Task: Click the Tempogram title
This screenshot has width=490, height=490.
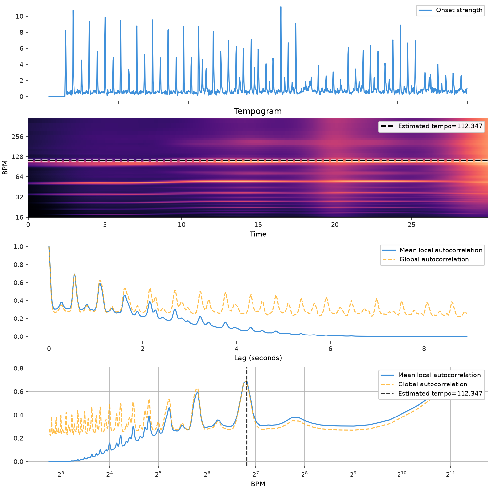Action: [258, 111]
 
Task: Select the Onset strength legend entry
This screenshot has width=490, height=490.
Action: [450, 10]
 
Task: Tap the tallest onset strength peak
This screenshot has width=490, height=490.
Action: [281, 7]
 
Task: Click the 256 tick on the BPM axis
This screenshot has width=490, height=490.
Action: [18, 137]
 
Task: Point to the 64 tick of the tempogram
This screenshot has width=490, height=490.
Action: [20, 177]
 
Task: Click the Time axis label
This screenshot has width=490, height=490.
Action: [258, 234]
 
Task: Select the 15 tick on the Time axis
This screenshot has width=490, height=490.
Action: [258, 225]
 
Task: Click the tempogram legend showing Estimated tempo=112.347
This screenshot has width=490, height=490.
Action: [431, 126]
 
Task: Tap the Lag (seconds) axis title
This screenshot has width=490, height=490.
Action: [258, 358]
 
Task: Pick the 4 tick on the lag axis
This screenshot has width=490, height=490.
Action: [237, 349]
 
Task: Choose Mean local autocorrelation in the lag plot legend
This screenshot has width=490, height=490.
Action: [433, 250]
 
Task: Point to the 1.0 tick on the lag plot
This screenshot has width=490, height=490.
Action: [19, 247]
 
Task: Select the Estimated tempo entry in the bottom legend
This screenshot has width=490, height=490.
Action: [431, 394]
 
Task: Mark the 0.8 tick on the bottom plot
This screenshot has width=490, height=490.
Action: [19, 368]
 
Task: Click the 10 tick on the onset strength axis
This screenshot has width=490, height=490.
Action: [20, 16]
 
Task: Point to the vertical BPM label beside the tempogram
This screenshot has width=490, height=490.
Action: [5, 168]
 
